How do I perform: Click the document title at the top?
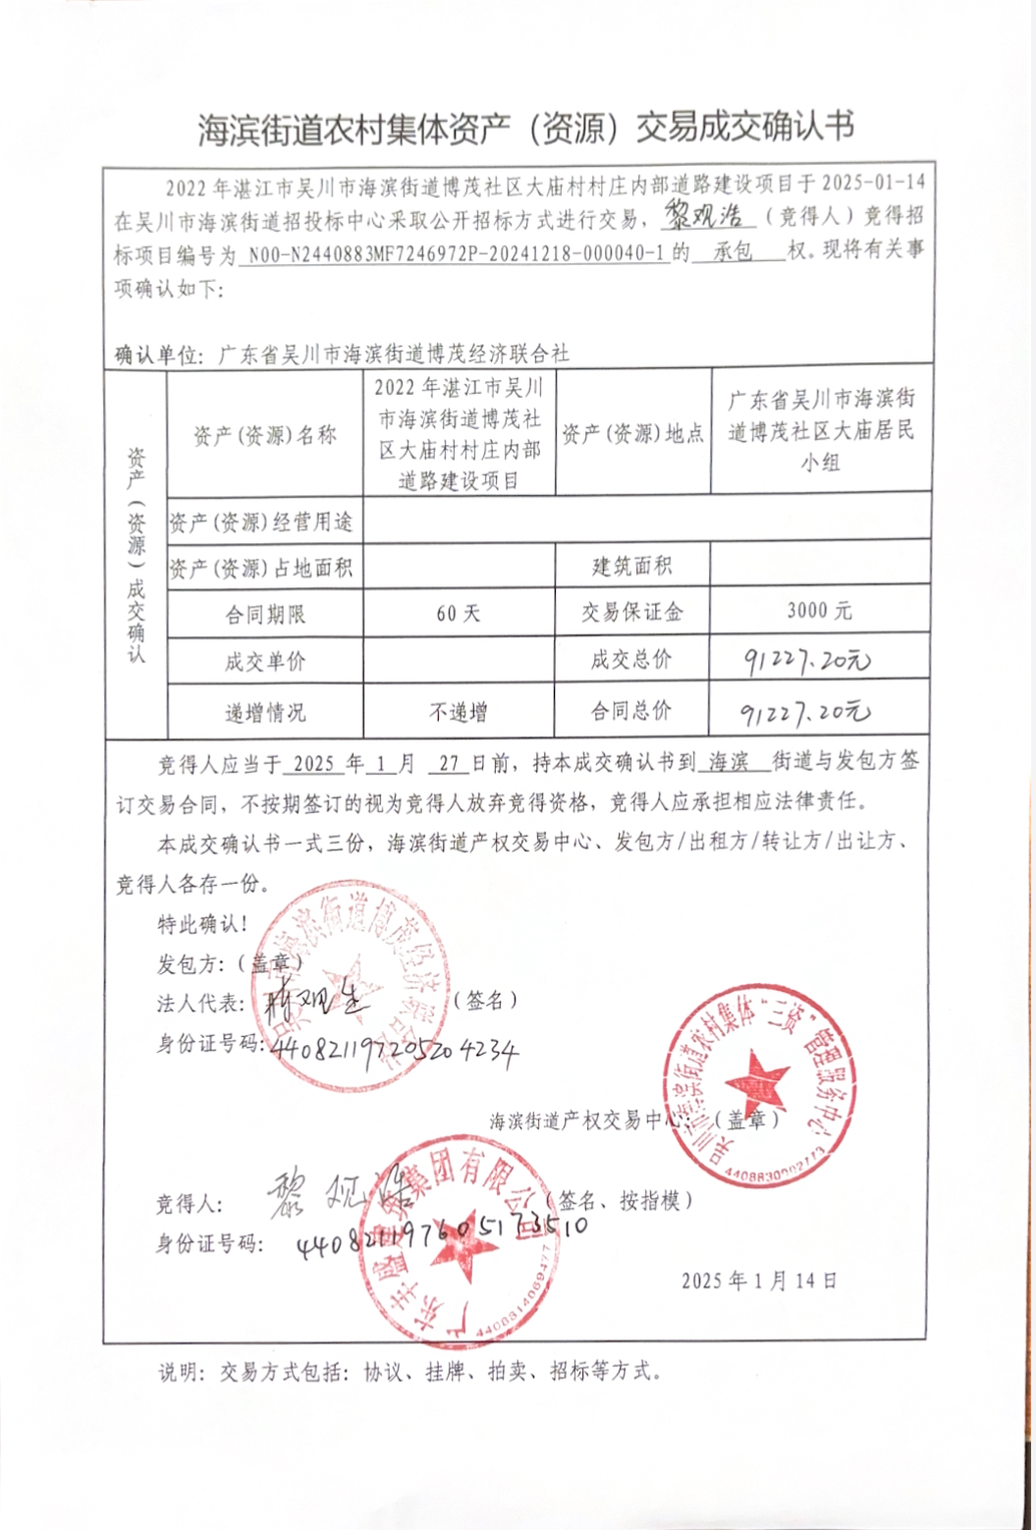525,129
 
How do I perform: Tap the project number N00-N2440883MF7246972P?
457,253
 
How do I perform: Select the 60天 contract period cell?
459,614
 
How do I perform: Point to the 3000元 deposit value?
819,611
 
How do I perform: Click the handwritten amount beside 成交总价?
806,661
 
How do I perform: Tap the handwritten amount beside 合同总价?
804,712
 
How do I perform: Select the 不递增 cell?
459,712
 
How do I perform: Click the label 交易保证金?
631,612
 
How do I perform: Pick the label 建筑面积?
631,566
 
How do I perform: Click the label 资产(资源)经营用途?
261,522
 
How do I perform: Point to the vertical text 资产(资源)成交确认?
136,555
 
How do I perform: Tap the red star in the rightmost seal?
757,1080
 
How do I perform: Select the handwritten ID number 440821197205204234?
392,1050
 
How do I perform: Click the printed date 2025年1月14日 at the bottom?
759,1281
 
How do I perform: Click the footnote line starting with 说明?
410,1372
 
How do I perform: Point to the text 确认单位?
157,355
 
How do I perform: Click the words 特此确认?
203,924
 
